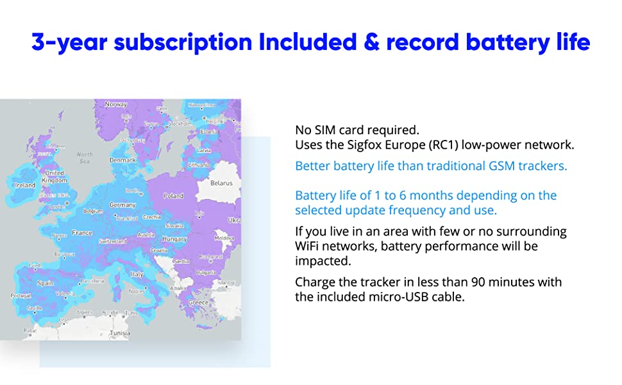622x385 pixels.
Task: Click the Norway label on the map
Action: pyautogui.click(x=116, y=105)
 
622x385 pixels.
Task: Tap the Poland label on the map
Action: pyautogui.click(x=173, y=196)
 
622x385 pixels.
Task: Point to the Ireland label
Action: pyautogui.click(x=24, y=185)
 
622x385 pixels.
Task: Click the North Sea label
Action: pyautogui.click(x=85, y=157)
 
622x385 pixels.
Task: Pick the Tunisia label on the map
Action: pyautogui.click(x=121, y=333)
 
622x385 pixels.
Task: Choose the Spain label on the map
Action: pyautogui.click(x=46, y=283)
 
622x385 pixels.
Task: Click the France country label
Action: pyautogui.click(x=82, y=233)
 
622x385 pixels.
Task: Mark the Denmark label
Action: pyautogui.click(x=122, y=160)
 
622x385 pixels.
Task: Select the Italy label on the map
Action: pyautogui.click(x=137, y=274)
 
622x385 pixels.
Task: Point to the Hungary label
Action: pyautogui.click(x=175, y=239)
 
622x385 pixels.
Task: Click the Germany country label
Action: pyautogui.click(x=122, y=205)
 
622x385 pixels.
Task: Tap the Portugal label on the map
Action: pyautogui.click(x=20, y=296)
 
